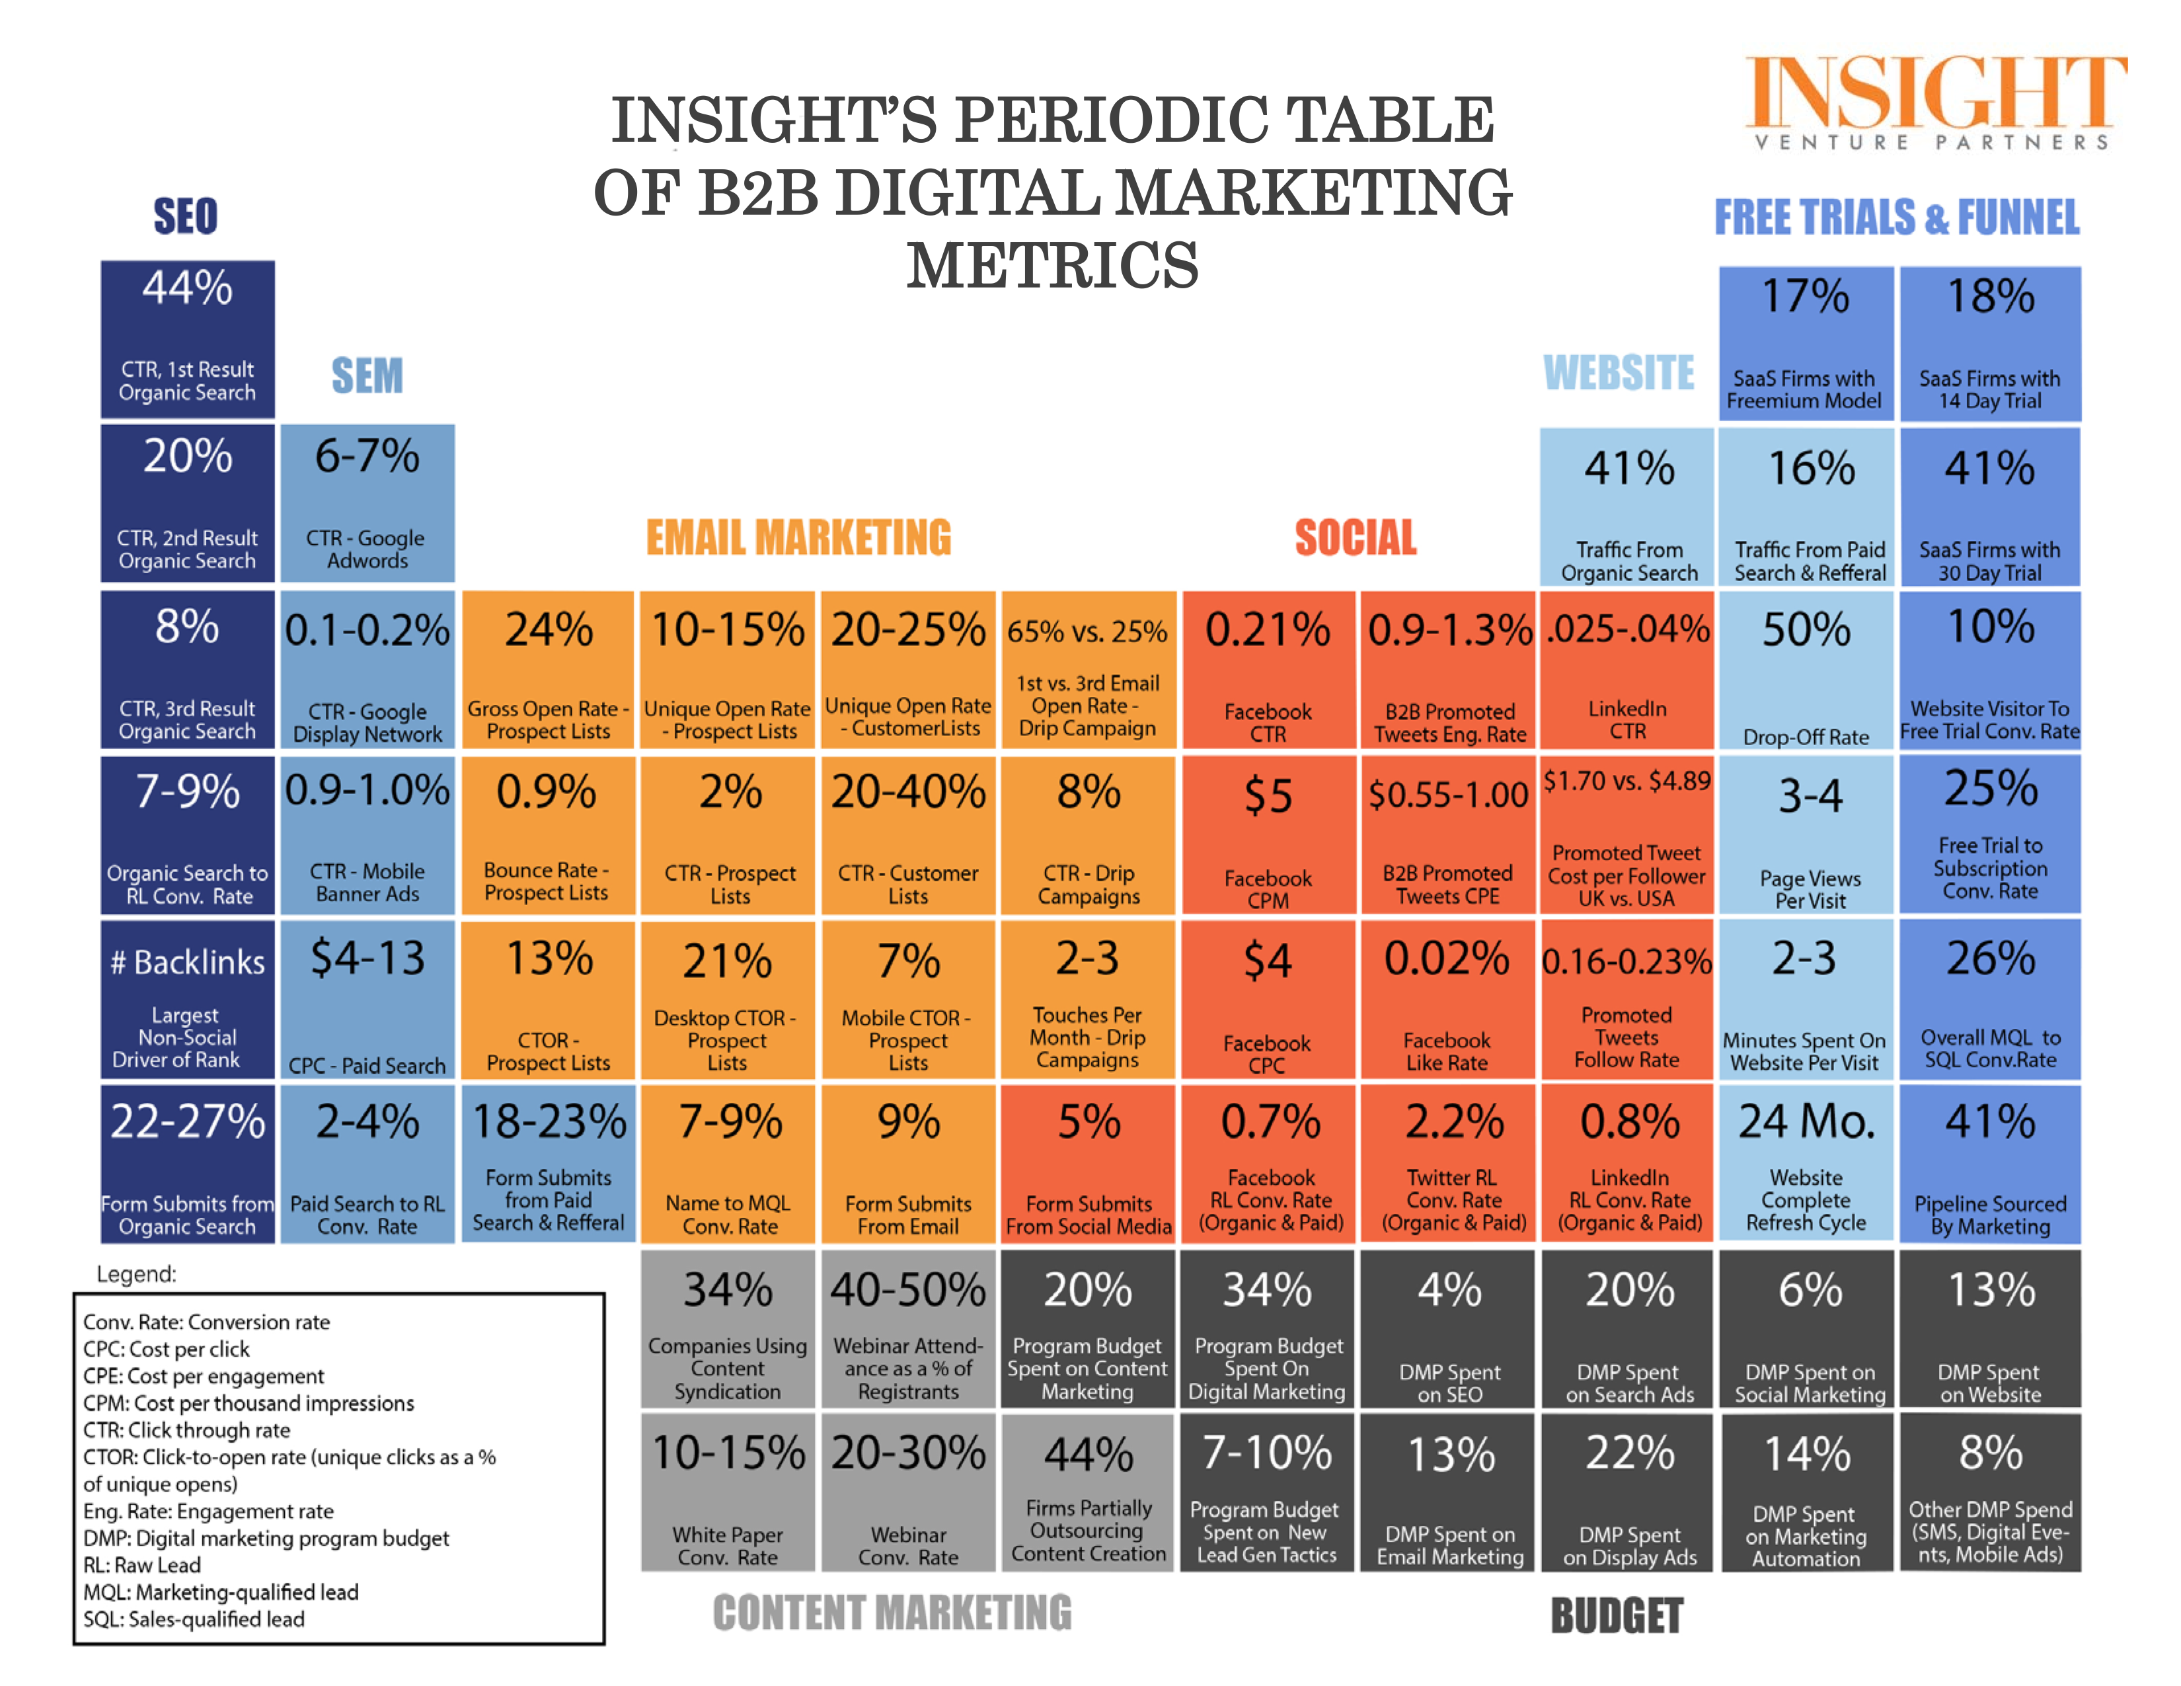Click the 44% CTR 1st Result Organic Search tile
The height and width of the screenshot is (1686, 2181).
(x=187, y=340)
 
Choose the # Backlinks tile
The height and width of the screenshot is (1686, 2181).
(x=187, y=999)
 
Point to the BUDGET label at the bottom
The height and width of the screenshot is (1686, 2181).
(x=1616, y=1615)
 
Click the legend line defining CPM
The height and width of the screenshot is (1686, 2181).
(x=249, y=1402)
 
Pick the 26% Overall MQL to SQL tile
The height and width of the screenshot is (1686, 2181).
(x=1989, y=999)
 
